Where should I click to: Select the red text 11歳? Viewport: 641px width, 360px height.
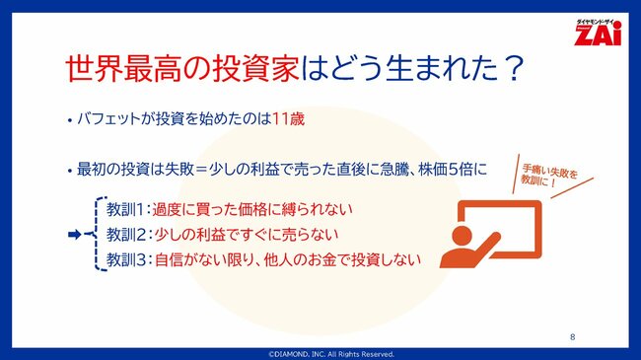[x=290, y=120]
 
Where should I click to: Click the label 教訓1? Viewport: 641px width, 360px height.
[x=127, y=210]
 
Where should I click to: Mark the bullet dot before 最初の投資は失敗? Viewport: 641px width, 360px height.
[x=70, y=171]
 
